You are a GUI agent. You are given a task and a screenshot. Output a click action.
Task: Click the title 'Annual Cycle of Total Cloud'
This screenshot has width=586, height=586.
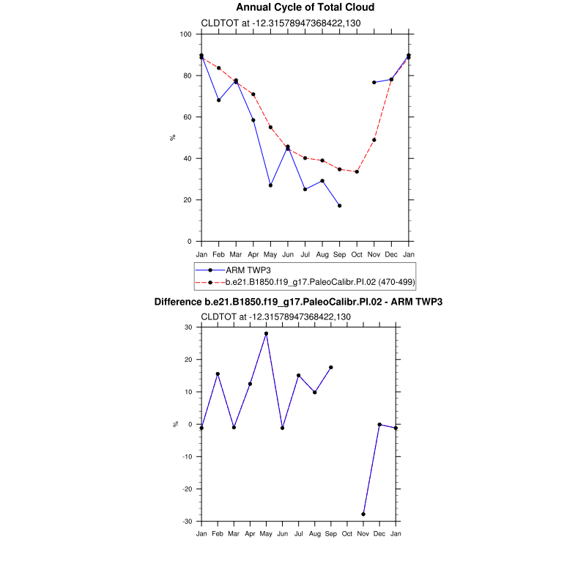click(305, 7)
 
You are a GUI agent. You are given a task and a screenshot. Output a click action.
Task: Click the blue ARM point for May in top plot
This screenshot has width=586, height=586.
click(270, 185)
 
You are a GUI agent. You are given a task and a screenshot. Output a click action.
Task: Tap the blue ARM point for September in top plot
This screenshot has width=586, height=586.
click(339, 206)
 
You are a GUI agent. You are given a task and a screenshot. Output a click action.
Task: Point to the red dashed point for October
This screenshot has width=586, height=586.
click(357, 172)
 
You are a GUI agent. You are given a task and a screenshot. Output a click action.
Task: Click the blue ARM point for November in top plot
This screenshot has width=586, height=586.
click(374, 83)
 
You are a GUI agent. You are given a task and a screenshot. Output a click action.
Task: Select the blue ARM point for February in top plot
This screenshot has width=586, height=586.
click(218, 100)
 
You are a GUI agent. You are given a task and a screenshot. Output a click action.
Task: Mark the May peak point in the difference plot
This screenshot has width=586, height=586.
click(266, 333)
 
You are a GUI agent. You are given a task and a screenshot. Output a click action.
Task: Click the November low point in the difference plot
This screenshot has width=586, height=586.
click(363, 514)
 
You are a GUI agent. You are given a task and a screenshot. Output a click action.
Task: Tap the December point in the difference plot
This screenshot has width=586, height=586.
click(379, 424)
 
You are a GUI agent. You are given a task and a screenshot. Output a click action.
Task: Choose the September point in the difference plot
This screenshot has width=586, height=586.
click(331, 367)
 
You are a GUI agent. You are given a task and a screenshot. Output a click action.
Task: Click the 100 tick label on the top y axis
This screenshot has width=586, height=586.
click(185, 34)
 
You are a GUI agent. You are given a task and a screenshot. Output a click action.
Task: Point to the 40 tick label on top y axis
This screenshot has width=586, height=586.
click(188, 158)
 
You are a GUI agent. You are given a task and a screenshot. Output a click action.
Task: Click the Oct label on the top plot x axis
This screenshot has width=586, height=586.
click(357, 254)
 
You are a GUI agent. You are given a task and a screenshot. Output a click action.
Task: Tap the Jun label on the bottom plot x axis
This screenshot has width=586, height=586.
click(283, 534)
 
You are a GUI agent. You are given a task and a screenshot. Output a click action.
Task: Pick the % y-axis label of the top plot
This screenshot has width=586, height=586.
click(174, 138)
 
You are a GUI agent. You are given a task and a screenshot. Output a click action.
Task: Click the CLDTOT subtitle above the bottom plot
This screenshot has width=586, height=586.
click(275, 316)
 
